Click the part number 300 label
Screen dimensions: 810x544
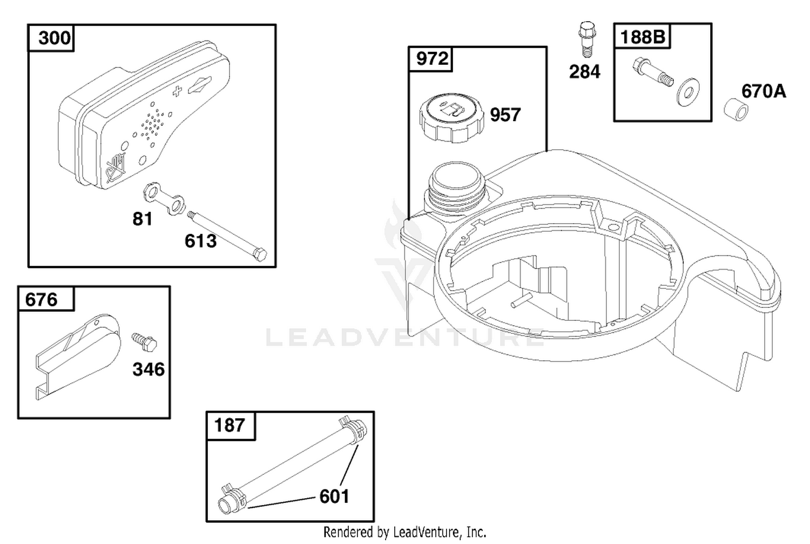click(54, 38)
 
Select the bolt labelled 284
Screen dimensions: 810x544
click(587, 39)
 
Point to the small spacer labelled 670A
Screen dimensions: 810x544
click(736, 109)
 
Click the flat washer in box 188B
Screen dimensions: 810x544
click(688, 92)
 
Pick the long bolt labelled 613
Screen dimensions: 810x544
click(227, 236)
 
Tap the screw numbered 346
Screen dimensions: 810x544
click(144, 342)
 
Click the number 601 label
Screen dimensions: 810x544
click(334, 496)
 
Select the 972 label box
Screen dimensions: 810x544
click(430, 58)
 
